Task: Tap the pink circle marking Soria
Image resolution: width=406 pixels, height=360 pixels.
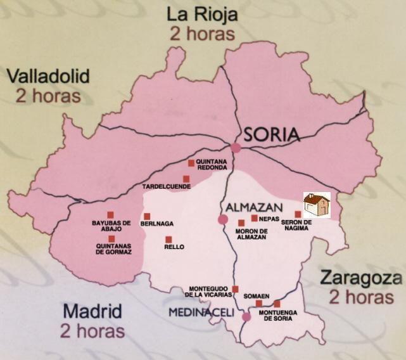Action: [x=236, y=148]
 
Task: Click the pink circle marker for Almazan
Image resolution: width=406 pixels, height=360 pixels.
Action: [x=223, y=219]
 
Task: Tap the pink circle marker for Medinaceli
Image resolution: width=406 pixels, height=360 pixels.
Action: [x=246, y=317]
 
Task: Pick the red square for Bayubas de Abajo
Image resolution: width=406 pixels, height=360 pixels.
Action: [x=110, y=215]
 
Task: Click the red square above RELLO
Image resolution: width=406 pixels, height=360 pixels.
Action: [x=168, y=240]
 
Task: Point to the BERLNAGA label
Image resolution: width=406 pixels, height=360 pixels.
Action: [x=158, y=224]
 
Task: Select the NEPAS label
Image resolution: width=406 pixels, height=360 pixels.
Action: [x=269, y=219]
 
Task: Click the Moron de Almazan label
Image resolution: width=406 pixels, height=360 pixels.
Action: [x=251, y=233]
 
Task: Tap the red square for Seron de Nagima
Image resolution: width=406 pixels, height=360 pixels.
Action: [x=298, y=214]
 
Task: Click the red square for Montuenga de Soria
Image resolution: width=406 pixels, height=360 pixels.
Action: [x=277, y=304]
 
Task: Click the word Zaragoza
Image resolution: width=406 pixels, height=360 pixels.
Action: [x=360, y=278]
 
